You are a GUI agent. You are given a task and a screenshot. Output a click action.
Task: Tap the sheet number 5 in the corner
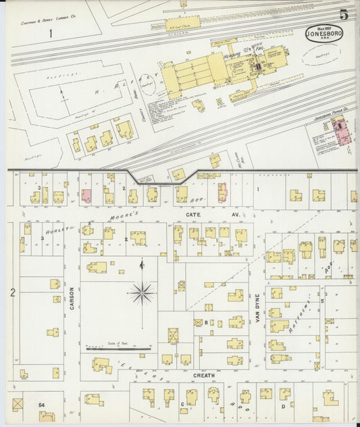344,14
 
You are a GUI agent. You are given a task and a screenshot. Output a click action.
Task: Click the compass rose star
142,293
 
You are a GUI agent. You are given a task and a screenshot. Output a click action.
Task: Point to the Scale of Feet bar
118,349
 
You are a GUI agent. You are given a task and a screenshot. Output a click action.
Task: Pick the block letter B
205,323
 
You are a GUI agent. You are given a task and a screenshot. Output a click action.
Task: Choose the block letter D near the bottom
283,406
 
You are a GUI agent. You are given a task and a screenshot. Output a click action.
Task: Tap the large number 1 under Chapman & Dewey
50,32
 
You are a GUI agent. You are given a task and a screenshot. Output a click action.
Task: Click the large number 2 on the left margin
13,293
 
